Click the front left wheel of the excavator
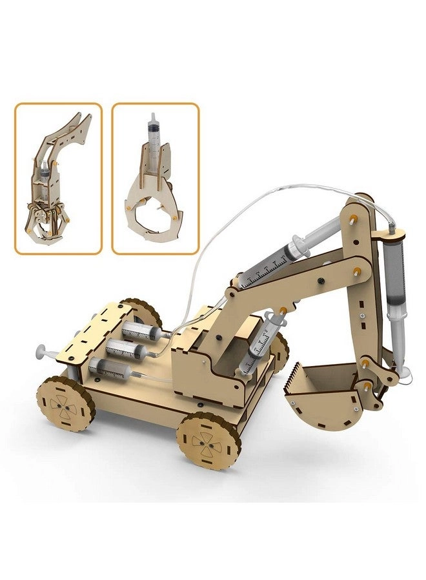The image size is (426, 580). pyautogui.click(x=65, y=403)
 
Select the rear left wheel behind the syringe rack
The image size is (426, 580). pyautogui.click(x=143, y=314)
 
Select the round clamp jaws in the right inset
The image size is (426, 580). pyautogui.click(x=155, y=209)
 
